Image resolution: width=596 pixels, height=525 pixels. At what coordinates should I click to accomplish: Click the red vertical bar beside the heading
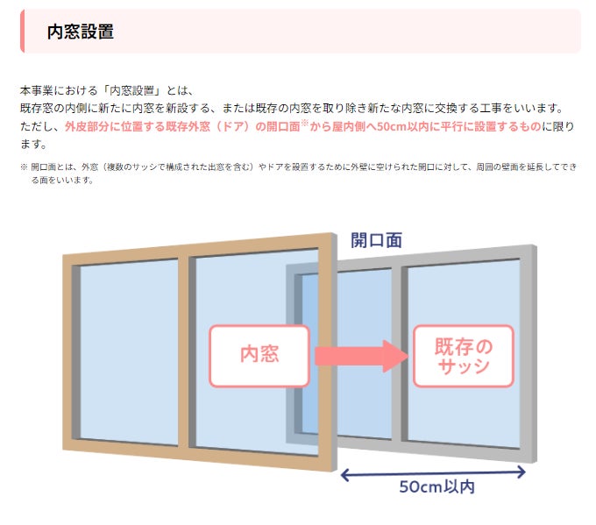pyautogui.click(x=22, y=32)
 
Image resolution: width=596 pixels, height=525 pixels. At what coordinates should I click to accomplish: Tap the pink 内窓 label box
pyautogui.click(x=259, y=355)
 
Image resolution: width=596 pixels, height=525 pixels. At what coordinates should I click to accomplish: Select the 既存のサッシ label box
pyautogui.click(x=463, y=355)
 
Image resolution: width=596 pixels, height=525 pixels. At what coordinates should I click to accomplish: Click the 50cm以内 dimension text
pyautogui.click(x=436, y=486)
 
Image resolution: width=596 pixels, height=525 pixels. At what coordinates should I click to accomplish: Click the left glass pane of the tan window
pyautogui.click(x=129, y=351)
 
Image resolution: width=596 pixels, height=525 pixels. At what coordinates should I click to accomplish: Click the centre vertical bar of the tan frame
pyautogui.click(x=184, y=351)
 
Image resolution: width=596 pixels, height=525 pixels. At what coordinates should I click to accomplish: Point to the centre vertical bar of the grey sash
pyautogui.click(x=402, y=351)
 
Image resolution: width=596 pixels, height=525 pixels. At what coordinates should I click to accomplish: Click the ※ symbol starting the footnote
pyautogui.click(x=24, y=166)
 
